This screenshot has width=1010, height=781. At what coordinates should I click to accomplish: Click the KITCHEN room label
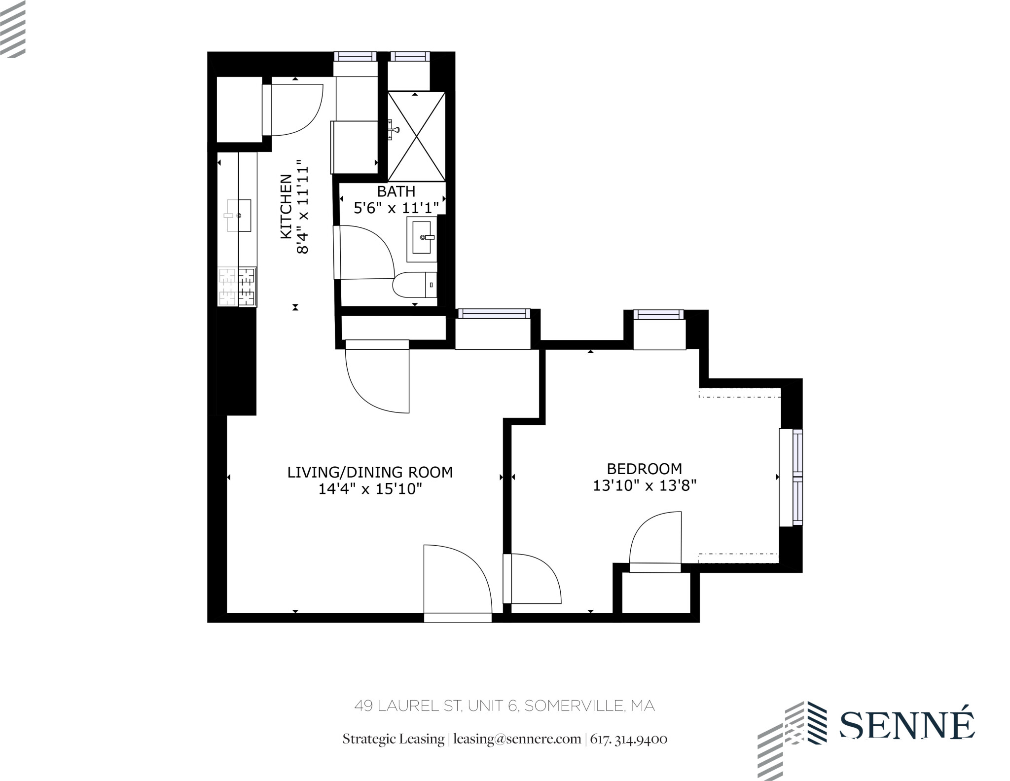[287, 207]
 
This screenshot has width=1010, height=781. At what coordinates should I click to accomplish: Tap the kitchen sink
[239, 216]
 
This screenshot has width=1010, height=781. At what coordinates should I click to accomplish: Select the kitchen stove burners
[237, 287]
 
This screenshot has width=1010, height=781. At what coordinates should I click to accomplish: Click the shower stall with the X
[416, 136]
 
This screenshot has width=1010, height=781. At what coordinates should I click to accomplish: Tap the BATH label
[396, 191]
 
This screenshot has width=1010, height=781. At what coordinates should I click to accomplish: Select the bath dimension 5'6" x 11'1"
[396, 208]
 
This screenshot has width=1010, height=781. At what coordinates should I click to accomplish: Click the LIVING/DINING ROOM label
[370, 472]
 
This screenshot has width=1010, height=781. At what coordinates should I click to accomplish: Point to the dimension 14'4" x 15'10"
[370, 489]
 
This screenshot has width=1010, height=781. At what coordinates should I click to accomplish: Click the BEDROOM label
[644, 468]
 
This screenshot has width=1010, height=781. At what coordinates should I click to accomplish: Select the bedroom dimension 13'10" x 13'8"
[644, 485]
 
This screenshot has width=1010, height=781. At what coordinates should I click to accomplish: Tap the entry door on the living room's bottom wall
[458, 582]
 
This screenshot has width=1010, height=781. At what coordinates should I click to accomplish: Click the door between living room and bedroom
[533, 578]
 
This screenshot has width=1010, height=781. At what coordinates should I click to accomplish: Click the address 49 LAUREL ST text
[504, 706]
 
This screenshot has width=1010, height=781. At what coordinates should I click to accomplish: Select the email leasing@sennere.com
[517, 739]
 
